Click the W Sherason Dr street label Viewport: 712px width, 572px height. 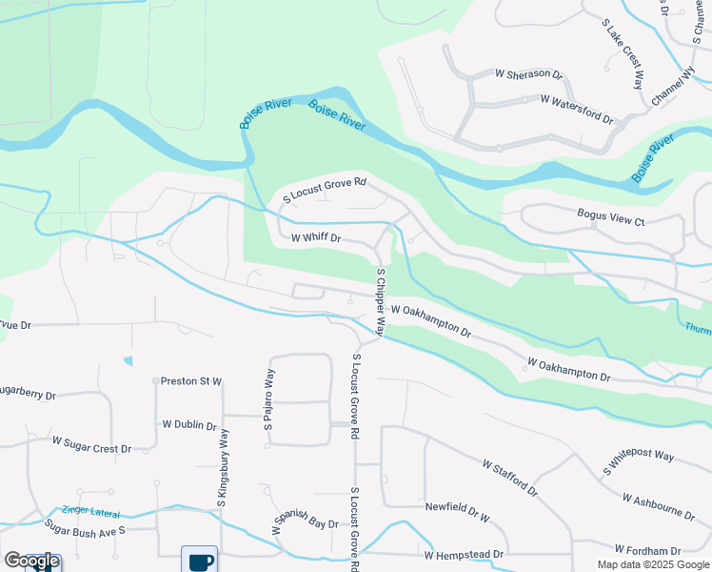pos(529,73)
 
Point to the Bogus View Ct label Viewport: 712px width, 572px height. pos(611,216)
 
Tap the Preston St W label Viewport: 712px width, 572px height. pos(190,381)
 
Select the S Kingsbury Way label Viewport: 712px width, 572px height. pos(225,466)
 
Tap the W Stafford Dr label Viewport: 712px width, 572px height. pos(510,479)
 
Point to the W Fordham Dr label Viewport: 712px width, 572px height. pos(647,550)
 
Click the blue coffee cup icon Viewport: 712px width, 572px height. pos(199,561)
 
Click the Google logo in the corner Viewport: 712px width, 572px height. pos(31,561)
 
